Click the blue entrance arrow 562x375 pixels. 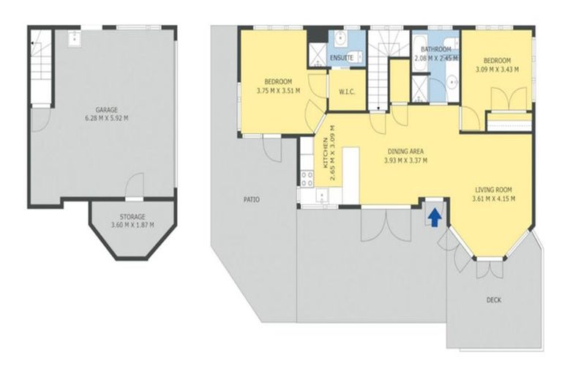[434, 216]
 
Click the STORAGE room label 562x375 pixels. [132, 217]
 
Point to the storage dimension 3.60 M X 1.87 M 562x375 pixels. [132, 226]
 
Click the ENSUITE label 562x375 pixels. [342, 57]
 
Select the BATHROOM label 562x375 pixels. [435, 49]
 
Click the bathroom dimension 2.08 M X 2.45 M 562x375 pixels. [435, 59]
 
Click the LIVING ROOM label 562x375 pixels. [493, 189]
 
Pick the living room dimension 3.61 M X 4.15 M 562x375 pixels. [493, 198]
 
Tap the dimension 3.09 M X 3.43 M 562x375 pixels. [497, 70]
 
